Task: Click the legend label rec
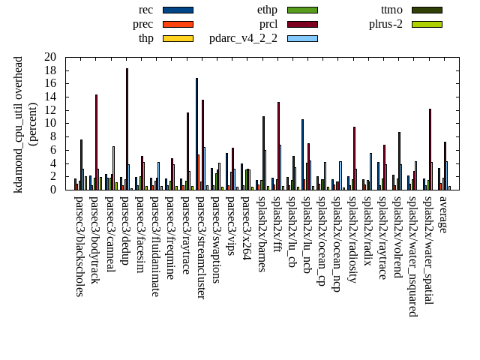pyautogui.click(x=146, y=10)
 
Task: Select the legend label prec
pyautogui.click(x=143, y=24)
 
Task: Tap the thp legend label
pyautogui.click(x=145, y=38)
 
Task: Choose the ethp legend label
pyautogui.click(x=267, y=10)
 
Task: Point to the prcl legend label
pyautogui.click(x=268, y=24)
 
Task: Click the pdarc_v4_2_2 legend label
pyautogui.click(x=243, y=38)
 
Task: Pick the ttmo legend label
pyautogui.click(x=391, y=10)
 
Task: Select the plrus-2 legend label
pyautogui.click(x=385, y=24)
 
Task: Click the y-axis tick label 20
pyautogui.click(x=50, y=57)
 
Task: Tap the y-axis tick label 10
pyautogui.click(x=50, y=123)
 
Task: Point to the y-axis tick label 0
pyautogui.click(x=53, y=190)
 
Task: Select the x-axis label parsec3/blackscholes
pyautogui.click(x=79, y=246)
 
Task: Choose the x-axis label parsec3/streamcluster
pyautogui.click(x=200, y=247)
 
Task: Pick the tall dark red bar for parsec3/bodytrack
pyautogui.click(x=96, y=142)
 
